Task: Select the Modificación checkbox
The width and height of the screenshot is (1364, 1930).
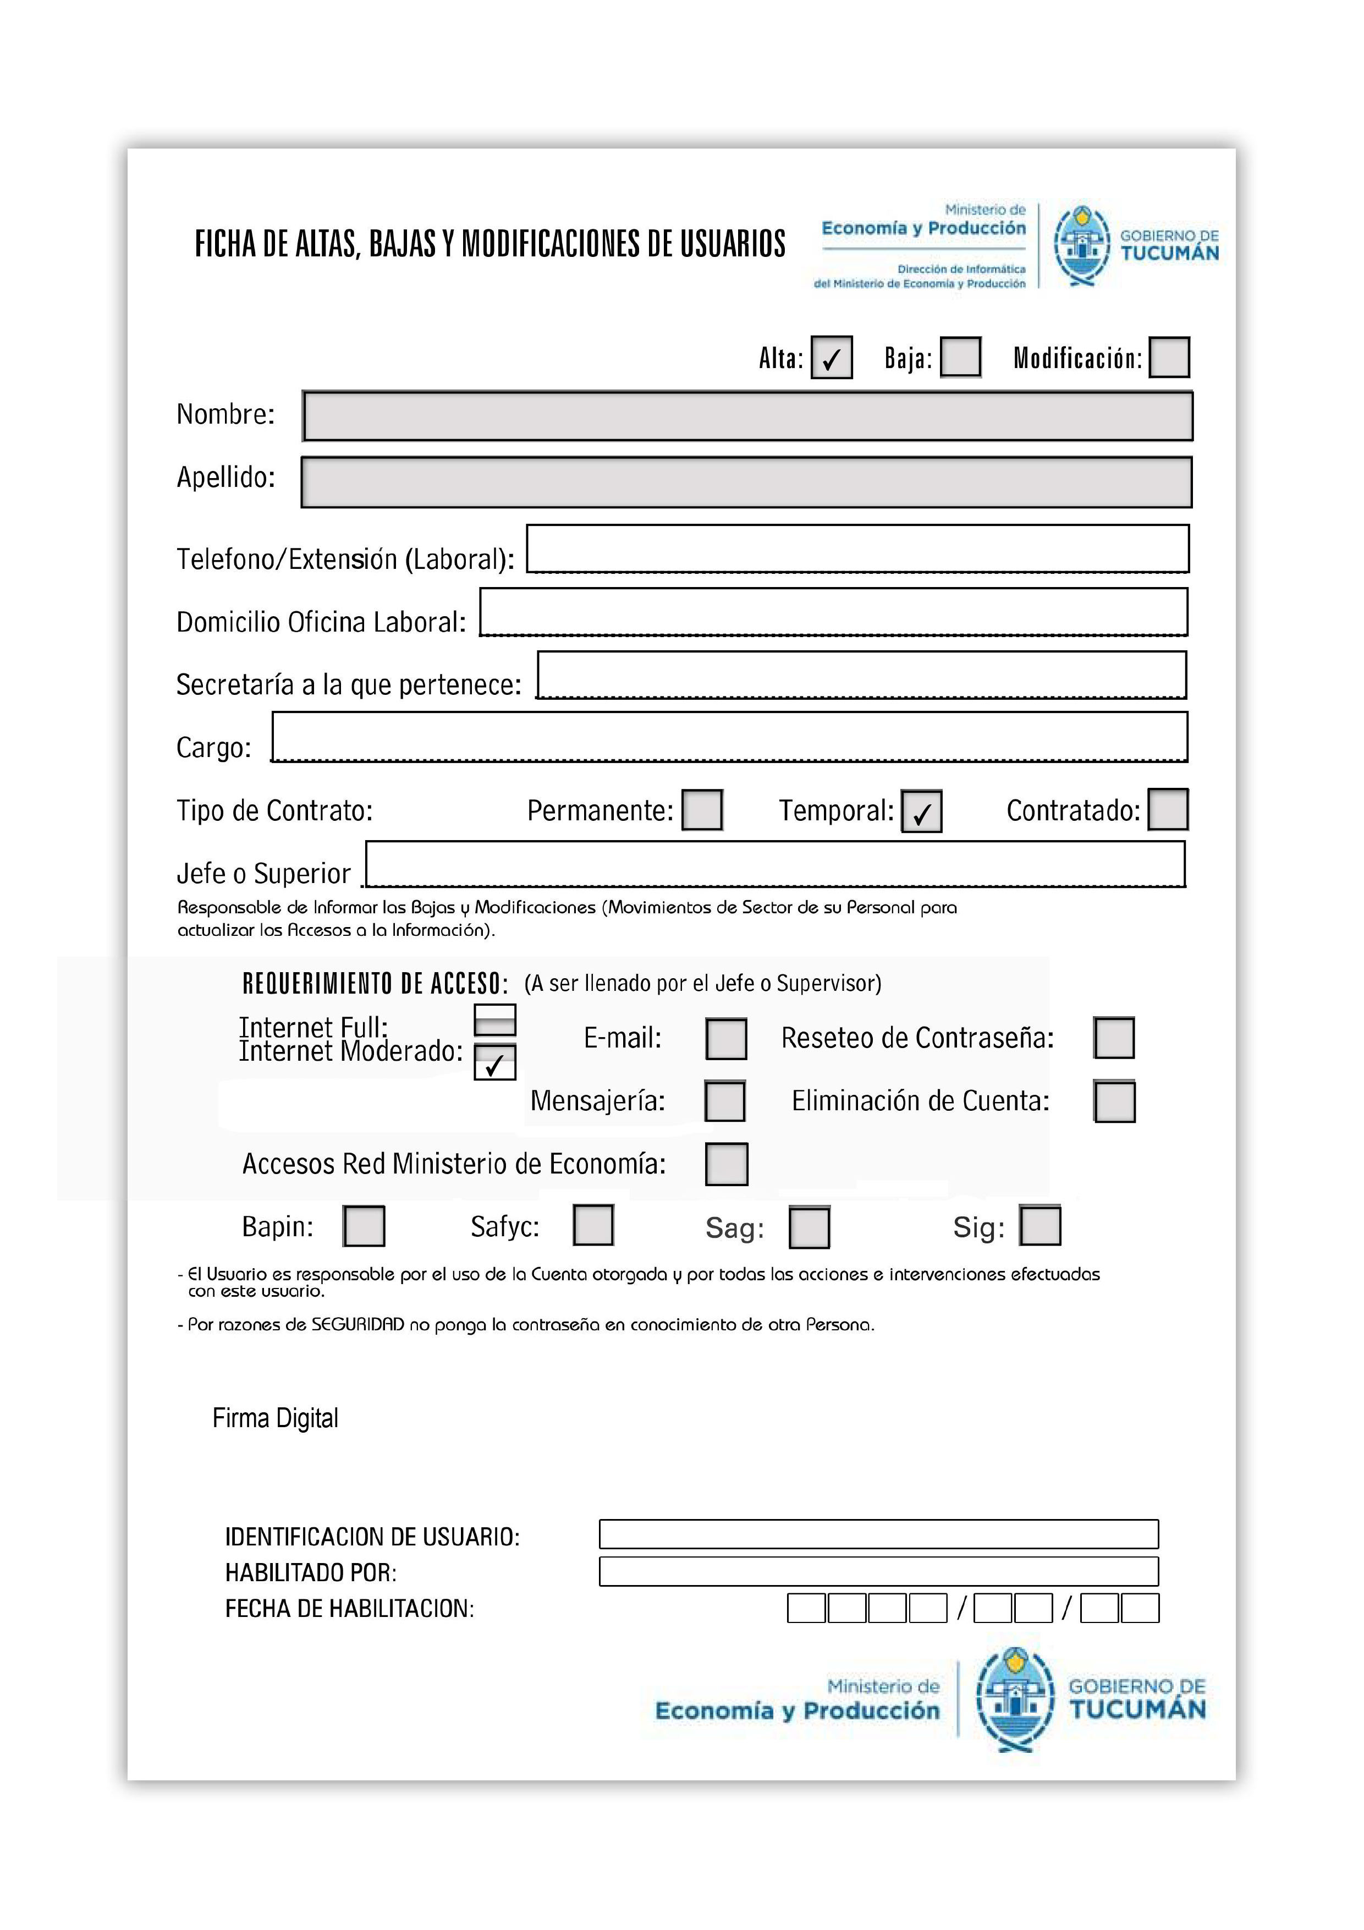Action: pyautogui.click(x=1169, y=357)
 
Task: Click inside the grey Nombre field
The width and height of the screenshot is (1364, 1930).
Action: pyautogui.click(x=747, y=416)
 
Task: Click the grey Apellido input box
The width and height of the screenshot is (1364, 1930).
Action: pyautogui.click(x=746, y=482)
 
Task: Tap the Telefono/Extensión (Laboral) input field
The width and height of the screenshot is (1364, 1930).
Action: pyautogui.click(x=857, y=549)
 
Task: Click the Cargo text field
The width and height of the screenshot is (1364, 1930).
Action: pyautogui.click(x=729, y=737)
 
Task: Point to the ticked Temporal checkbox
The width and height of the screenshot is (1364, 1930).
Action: pyautogui.click(x=921, y=811)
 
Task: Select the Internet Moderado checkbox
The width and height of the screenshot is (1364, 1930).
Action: pyautogui.click(x=495, y=1062)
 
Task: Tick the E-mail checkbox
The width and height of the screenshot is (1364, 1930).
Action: pyautogui.click(x=726, y=1039)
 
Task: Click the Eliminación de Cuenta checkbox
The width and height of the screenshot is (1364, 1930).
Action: pyautogui.click(x=1114, y=1101)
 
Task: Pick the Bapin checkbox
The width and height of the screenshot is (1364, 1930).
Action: pyautogui.click(x=364, y=1226)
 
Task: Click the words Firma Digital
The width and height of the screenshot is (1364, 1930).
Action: pyautogui.click(x=275, y=1418)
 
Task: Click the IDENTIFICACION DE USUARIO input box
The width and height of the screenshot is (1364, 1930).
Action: pyautogui.click(x=878, y=1534)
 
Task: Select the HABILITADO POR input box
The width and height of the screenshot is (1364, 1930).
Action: pyautogui.click(x=878, y=1571)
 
